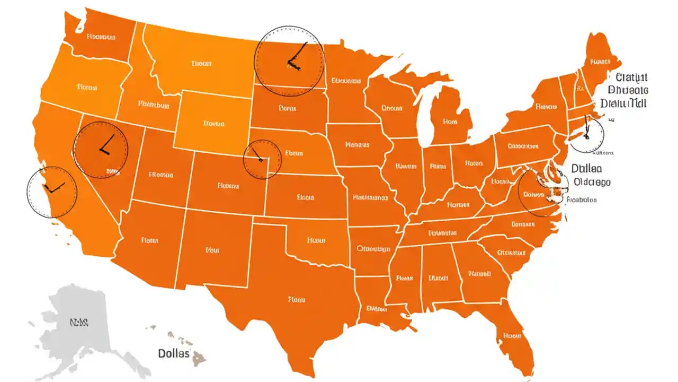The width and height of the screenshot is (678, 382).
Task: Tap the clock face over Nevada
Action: click(100, 150)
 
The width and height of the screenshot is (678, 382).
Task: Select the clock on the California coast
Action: click(51, 192)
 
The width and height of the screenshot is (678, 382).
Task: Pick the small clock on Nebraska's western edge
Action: click(262, 159)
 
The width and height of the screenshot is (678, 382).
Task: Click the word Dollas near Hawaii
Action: click(174, 353)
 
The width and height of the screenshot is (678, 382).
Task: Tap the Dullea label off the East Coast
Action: click(586, 169)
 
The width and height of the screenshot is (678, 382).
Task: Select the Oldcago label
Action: click(592, 182)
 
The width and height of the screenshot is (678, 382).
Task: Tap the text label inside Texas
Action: click(297, 300)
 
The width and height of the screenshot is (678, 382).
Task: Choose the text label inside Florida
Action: click(513, 335)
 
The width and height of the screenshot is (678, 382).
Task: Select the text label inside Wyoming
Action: click(214, 124)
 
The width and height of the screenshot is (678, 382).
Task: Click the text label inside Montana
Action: click(201, 63)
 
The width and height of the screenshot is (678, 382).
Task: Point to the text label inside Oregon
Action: click(87, 86)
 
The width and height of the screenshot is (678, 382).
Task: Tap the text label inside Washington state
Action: click(101, 37)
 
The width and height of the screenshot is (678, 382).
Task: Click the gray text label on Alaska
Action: click(79, 322)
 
